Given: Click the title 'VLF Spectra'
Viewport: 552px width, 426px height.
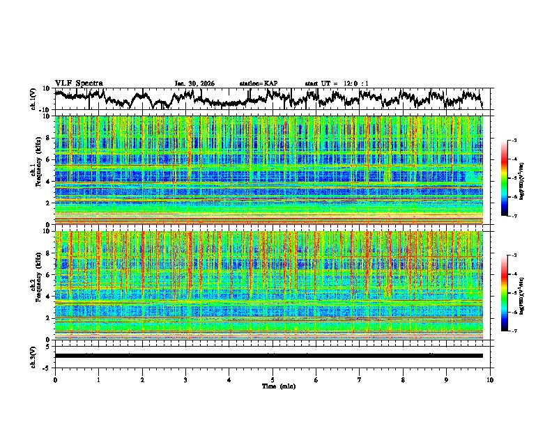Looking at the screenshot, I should [x=79, y=83].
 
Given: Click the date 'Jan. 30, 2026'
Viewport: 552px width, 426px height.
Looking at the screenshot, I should [x=194, y=84].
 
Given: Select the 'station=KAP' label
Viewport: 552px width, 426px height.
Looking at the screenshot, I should [x=258, y=84].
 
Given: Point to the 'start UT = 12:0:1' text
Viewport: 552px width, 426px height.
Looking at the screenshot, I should [x=337, y=84].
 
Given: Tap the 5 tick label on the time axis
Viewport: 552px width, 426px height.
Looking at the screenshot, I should [x=273, y=379].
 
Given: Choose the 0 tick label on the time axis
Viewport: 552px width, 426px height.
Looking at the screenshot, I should [x=55, y=379].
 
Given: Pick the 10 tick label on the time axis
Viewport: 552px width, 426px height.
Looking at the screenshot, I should [x=490, y=379].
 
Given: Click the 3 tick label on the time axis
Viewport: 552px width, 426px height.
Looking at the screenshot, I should [x=185, y=379].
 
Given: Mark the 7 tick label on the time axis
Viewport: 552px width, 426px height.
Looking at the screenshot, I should [x=360, y=379].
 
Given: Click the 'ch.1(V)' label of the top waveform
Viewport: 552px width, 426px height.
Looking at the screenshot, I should [x=33, y=99].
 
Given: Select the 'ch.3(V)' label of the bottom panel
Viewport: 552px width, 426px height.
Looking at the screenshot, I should [x=33, y=356].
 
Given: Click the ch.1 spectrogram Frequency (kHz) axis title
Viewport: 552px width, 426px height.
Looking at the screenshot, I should [x=34, y=170].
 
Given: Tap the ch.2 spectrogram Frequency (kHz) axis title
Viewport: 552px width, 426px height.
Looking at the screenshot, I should [x=34, y=285].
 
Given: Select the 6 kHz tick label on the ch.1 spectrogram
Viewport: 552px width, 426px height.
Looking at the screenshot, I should [x=47, y=159].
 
